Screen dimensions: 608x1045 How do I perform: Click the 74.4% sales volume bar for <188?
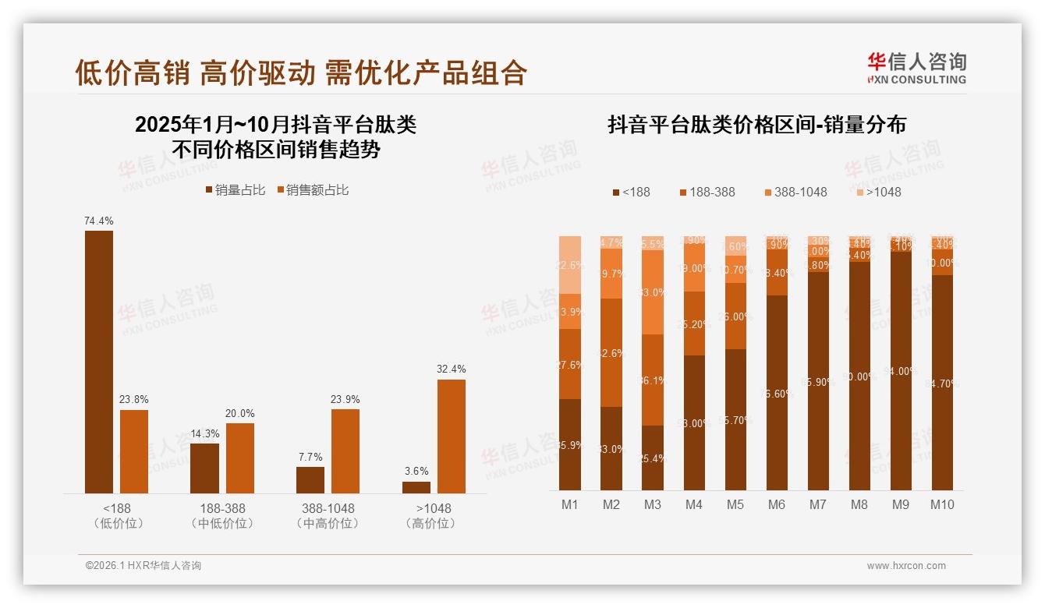coord(99,362)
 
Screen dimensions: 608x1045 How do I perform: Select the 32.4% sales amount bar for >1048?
coord(451,436)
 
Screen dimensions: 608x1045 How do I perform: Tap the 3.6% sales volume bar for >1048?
coord(416,487)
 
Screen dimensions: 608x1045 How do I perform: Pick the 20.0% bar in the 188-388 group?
coord(239,458)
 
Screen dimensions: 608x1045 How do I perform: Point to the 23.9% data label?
coord(345,399)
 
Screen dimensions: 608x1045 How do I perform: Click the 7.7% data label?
coord(310,457)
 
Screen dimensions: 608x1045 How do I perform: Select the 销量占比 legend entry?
coord(236,190)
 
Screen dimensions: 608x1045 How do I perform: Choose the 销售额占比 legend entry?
coord(312,190)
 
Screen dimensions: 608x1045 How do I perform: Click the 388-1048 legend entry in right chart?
coord(795,192)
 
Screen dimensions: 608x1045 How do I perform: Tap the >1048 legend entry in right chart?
coord(878,192)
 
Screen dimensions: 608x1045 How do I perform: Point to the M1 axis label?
coord(570,504)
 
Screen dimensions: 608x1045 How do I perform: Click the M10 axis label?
coord(941,504)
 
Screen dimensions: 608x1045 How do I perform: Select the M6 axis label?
coord(776,504)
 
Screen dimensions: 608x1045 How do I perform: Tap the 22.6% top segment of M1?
coord(570,264)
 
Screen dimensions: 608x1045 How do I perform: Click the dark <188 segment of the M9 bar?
coord(900,371)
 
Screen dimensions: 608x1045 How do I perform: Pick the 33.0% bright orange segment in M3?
coord(653,292)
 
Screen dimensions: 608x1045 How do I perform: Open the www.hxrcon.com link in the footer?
coord(906,566)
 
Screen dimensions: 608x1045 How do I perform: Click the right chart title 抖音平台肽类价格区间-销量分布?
coord(756,125)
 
